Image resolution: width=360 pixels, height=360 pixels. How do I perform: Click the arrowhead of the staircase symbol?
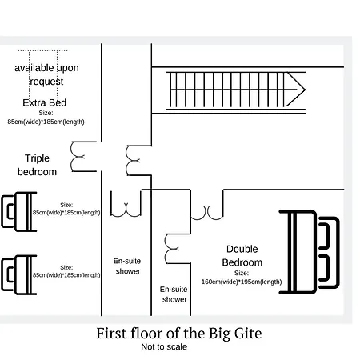click(297, 90)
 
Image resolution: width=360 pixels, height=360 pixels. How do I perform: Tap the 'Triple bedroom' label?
click(37, 165)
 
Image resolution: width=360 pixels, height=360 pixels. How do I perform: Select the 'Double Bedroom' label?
click(242, 255)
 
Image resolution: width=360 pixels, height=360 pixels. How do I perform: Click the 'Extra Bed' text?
click(45, 102)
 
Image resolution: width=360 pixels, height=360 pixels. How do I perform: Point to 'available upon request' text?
click(46, 74)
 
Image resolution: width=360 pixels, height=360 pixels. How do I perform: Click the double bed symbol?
click(310, 252)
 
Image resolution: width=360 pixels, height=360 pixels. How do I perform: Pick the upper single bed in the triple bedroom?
click(19, 211)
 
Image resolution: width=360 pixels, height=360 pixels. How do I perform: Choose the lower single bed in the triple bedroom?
click(19, 274)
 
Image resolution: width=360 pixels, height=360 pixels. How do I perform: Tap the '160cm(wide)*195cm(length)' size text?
click(242, 282)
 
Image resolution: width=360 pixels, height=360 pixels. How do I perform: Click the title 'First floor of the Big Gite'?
click(179, 334)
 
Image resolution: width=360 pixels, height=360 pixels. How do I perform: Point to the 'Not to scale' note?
click(164, 346)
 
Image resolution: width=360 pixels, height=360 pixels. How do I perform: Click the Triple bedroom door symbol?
click(83, 157)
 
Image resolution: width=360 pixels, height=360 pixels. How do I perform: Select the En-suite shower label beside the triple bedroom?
click(127, 266)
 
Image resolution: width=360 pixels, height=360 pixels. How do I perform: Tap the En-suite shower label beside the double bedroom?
click(174, 294)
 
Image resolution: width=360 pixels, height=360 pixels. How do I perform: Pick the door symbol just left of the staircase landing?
click(138, 160)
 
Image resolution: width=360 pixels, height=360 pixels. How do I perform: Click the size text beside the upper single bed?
click(66, 209)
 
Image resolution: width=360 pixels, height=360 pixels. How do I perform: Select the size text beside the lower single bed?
click(66, 271)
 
